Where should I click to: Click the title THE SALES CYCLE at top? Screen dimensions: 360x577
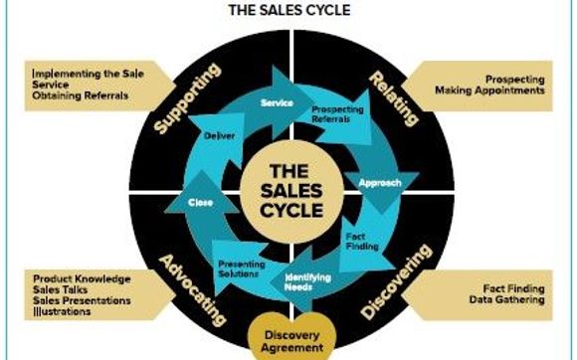tap(288, 12)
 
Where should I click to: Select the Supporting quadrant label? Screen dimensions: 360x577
tap(189, 98)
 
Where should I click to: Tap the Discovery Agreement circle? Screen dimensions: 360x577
tap(288, 339)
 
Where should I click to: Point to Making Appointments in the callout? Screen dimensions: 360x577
tap(489, 90)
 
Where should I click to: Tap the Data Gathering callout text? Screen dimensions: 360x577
tap(506, 299)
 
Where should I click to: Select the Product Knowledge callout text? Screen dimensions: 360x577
tap(81, 279)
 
